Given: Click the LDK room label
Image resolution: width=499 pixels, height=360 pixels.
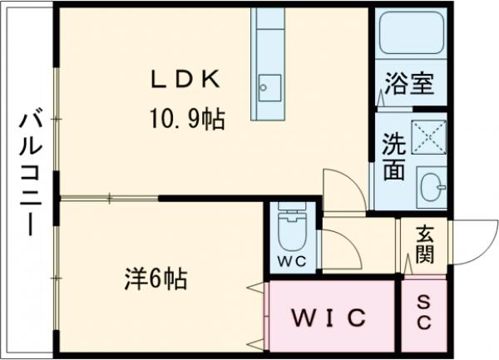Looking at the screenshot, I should click(x=185, y=80).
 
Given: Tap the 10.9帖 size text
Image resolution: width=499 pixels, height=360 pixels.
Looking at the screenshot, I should click(x=186, y=119).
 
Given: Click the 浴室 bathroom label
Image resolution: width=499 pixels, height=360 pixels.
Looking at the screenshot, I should click(x=409, y=84).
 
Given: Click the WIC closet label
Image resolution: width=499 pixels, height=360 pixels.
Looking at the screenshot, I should click(x=329, y=318).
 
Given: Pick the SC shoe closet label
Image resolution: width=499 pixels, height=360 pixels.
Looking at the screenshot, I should click(x=423, y=313).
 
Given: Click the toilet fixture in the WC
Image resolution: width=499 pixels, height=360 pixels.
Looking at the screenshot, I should click(x=290, y=230).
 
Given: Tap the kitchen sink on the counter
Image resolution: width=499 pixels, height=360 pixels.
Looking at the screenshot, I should click(x=269, y=86).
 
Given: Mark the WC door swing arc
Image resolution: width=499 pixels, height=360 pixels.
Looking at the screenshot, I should click(x=338, y=248).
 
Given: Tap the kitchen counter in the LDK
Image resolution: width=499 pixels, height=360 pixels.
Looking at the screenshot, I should click(x=269, y=62).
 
